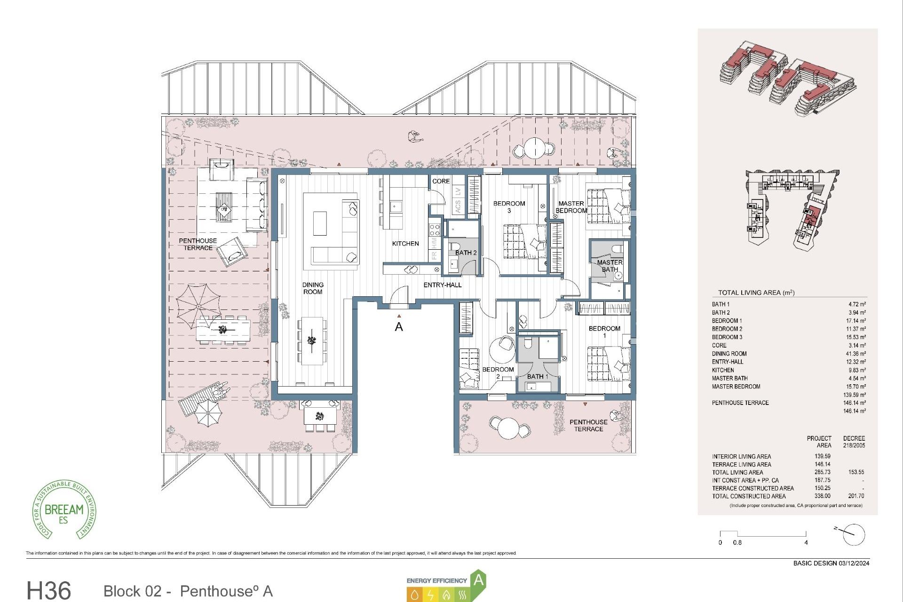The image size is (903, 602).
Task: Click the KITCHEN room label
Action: [x=405, y=244]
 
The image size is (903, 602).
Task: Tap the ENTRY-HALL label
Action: [x=442, y=285]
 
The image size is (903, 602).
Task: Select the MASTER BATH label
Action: [x=610, y=266]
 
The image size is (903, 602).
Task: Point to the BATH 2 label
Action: [x=466, y=253]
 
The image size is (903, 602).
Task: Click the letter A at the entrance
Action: [x=399, y=327]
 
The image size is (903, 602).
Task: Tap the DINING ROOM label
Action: [x=313, y=288]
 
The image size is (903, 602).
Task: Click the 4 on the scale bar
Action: [x=806, y=543]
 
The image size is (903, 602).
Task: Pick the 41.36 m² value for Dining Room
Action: [x=855, y=354]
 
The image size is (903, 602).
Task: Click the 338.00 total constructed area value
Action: [x=822, y=496]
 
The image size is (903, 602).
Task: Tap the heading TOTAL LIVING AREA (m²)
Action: [x=756, y=293]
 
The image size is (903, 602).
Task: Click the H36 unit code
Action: [x=49, y=590]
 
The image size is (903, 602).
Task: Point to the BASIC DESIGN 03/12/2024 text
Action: [x=831, y=563]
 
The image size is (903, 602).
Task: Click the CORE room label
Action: [x=441, y=181]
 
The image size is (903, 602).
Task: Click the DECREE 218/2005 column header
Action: [x=854, y=442]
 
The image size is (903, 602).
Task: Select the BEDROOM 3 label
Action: [x=509, y=207]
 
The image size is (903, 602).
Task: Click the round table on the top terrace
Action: [x=535, y=148]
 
